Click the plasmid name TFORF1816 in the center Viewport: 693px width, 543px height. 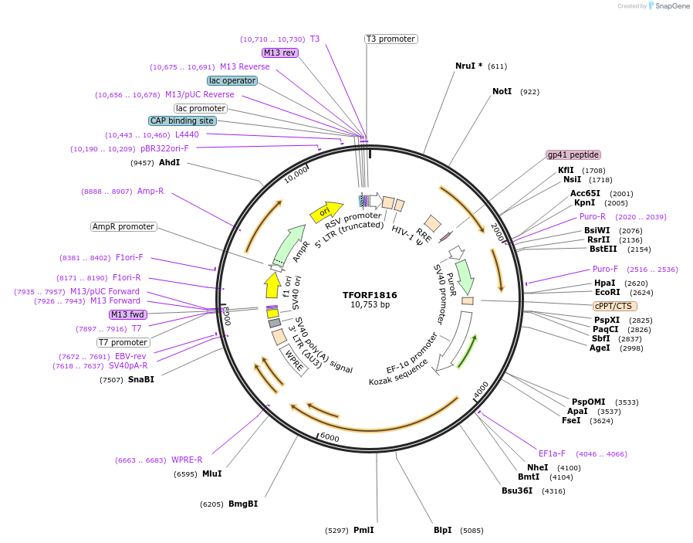[370, 294]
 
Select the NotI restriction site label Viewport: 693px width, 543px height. [502, 91]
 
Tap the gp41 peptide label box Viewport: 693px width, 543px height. [573, 154]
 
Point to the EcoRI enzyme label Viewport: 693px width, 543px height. [607, 293]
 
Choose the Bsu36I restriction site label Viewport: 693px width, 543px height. [517, 490]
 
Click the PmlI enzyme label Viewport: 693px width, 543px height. [363, 530]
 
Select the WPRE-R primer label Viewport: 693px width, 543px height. [187, 460]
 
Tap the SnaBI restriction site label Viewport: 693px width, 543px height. [141, 379]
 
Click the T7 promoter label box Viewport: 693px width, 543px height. [123, 342]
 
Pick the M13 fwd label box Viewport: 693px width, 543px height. [128, 314]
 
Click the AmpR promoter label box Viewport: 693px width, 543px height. [123, 226]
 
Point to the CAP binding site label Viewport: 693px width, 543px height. [182, 120]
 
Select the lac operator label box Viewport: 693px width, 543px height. [232, 80]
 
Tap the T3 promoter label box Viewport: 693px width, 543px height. [390, 39]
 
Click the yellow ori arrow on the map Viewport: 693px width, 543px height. [326, 210]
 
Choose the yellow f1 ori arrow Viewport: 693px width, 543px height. [272, 284]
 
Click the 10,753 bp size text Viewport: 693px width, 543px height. [370, 305]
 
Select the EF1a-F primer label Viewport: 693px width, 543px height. [552, 453]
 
